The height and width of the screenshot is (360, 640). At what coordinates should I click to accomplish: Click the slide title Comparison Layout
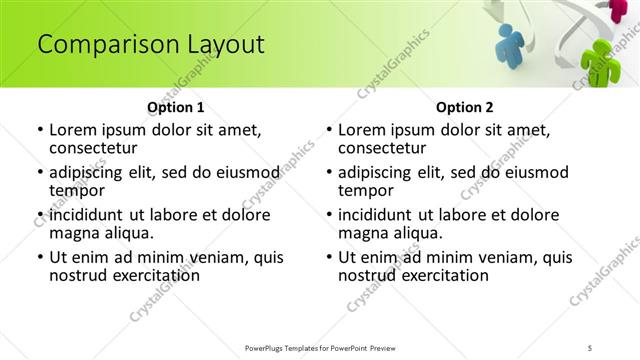pos(151,45)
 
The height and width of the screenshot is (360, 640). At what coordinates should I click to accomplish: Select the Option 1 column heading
pos(176,107)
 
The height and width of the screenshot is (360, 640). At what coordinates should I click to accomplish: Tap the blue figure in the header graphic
pos(511,45)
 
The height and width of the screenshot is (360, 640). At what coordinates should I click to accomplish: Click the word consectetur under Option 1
pos(98,148)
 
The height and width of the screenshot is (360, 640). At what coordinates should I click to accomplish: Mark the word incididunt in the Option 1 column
pos(86,215)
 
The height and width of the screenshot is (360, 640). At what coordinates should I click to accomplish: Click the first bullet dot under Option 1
pos(39,130)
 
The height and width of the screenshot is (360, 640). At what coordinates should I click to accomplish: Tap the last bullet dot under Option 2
pos(329,258)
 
